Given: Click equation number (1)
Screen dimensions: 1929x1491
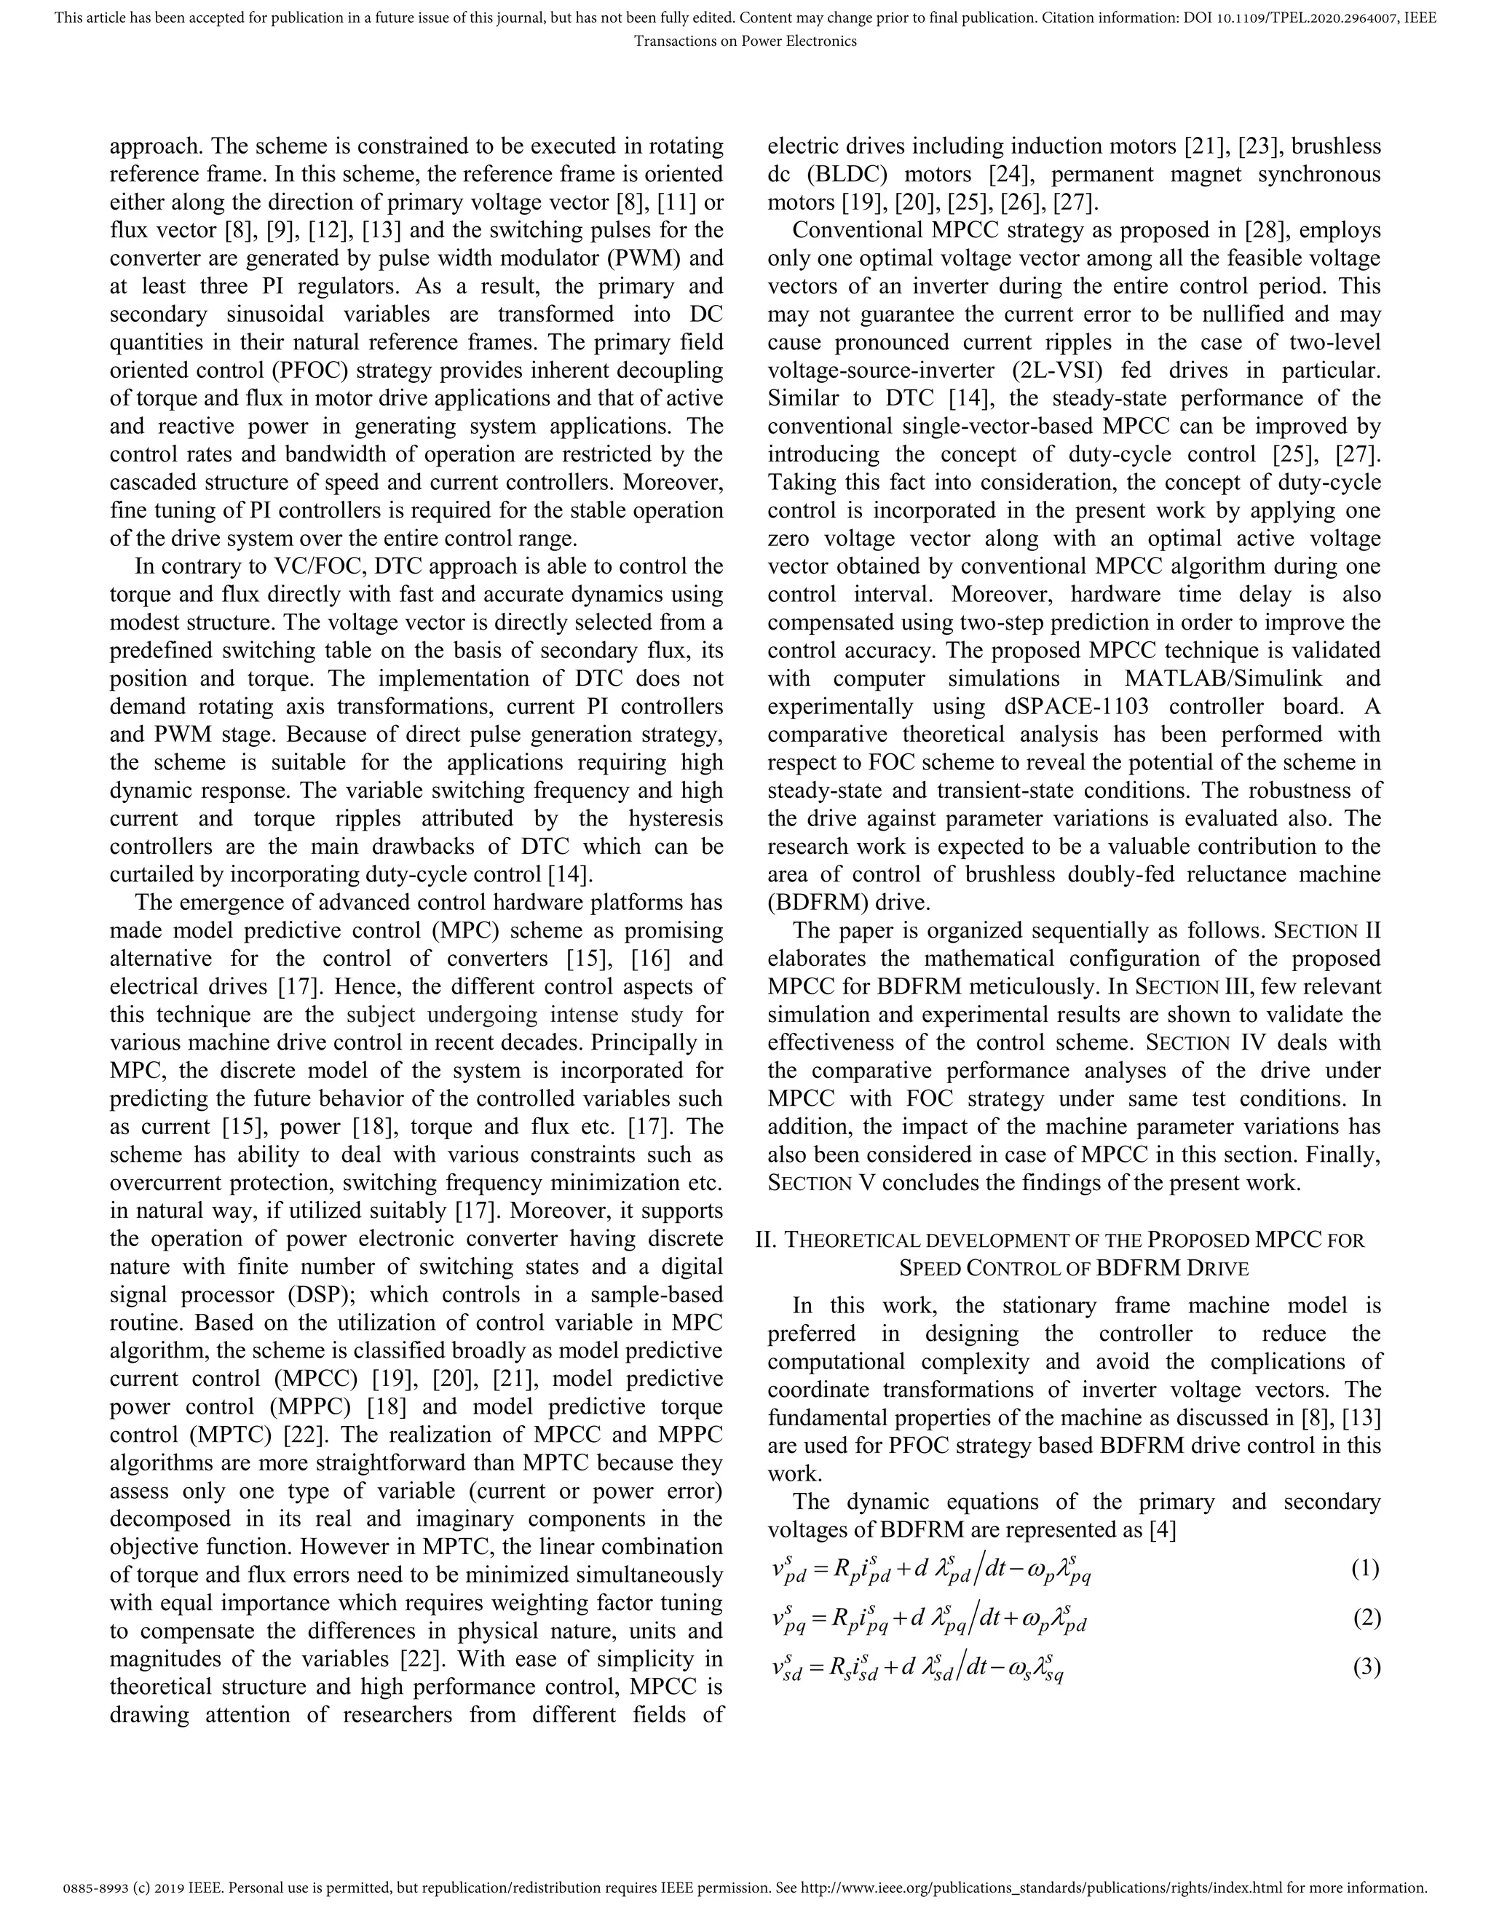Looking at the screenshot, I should coord(1366,1569).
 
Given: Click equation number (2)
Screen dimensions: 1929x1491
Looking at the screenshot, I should coord(1366,1619).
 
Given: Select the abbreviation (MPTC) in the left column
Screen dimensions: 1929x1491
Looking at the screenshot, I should coord(202,1435).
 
